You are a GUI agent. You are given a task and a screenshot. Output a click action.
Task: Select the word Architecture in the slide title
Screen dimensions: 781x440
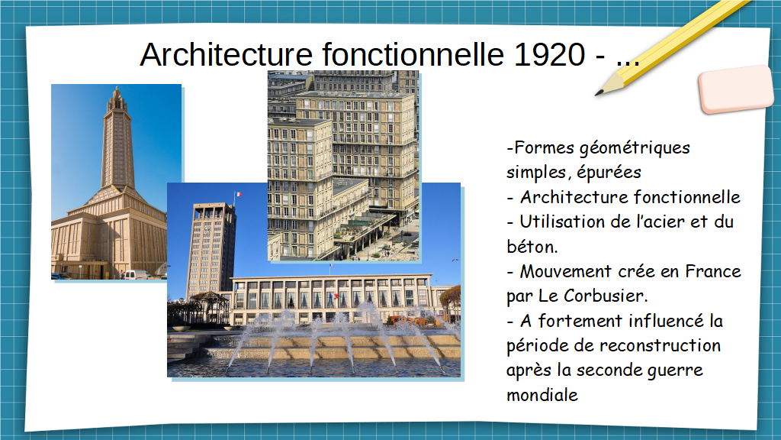[x=226, y=54]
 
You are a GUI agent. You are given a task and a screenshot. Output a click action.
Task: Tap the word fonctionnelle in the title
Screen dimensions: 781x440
[x=413, y=54]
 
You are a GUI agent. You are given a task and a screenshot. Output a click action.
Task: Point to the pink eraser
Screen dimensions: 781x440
[x=736, y=89]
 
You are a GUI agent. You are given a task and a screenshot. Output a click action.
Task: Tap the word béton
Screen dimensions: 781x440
[x=532, y=247]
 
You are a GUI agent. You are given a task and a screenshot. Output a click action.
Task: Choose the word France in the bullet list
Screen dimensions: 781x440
[x=713, y=271]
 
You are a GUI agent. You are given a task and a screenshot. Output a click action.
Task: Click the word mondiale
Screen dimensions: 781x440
[x=542, y=395]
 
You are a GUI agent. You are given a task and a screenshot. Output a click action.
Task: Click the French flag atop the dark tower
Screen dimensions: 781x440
[x=238, y=194]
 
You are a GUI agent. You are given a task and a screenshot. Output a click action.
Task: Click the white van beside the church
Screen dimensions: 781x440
[x=137, y=274]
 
